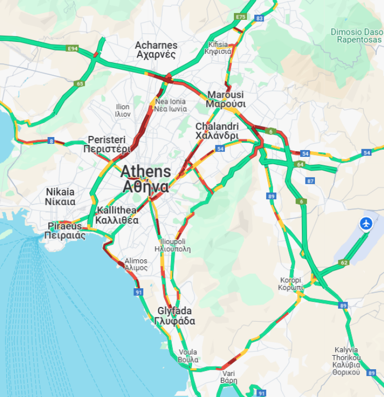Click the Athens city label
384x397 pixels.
pos(145,179)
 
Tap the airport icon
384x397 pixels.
pos(366,223)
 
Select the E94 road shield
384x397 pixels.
pos(73,49)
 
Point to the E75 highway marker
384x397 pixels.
pos(241,17)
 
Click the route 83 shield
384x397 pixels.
pos(259,18)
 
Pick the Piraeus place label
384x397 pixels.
pos(65,231)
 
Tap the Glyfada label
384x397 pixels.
pos(175,316)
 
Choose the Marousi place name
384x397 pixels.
pos(225,99)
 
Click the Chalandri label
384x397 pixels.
pos(217,131)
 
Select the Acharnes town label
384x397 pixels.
pos(156,50)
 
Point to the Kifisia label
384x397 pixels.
pos(219,48)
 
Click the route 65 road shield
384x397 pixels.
pos(80,83)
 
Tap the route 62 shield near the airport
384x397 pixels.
pos(344,263)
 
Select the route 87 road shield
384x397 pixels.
pos(311,181)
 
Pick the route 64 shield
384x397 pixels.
pos(300,164)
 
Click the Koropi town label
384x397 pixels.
pos(291,283)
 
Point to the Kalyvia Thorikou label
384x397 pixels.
pos(346,361)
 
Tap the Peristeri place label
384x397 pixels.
pos(107,144)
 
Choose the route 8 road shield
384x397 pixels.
pos(51,141)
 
